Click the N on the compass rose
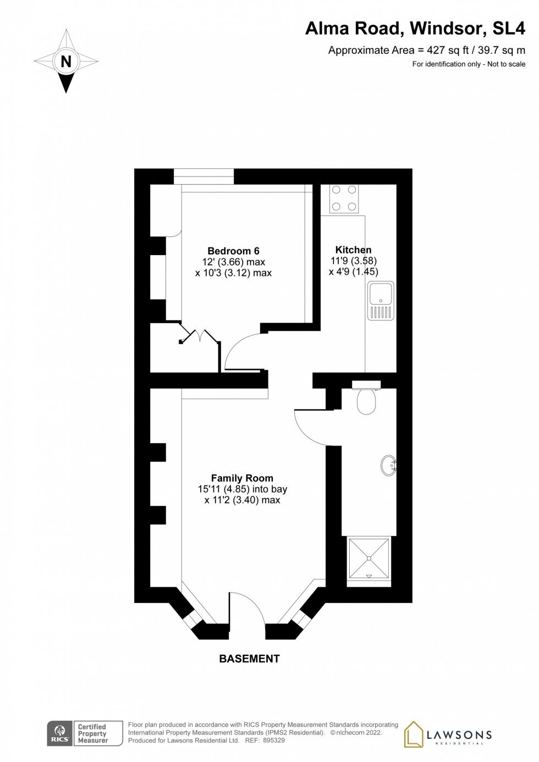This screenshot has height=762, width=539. point(66,62)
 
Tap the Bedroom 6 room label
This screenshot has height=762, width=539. point(233,251)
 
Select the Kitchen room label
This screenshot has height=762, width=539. point(353,250)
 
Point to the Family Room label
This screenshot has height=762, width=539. point(242,478)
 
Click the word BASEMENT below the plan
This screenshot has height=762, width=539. point(249,659)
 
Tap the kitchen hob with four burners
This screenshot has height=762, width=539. point(344,198)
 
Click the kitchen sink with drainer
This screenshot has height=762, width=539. point(381,301)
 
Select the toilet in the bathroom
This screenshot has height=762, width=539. point(366,399)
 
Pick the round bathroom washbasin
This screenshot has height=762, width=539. point(388,466)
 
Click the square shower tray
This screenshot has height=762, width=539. point(369,558)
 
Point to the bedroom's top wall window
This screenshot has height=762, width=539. point(204,176)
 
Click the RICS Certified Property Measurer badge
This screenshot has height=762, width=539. point(85,733)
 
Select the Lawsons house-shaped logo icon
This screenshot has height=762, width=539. point(414,734)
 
